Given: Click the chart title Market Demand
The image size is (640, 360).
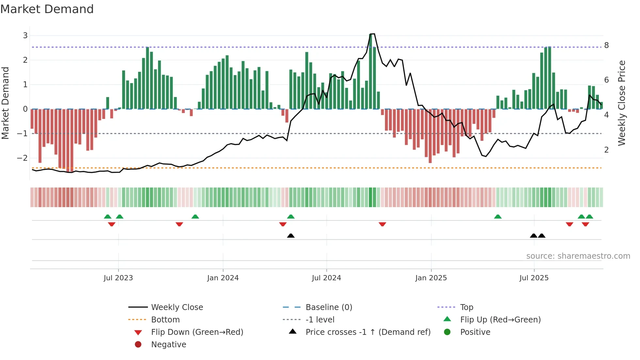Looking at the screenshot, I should point(47,9).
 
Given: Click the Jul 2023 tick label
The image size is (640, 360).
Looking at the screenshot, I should point(118,278).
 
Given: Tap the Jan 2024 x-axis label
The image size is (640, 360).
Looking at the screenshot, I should point(223,278).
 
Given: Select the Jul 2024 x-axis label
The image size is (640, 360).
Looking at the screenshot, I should point(326,278).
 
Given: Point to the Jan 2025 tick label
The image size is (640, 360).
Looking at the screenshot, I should point(431,278).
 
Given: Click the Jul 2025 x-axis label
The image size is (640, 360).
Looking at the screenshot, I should point(534,278).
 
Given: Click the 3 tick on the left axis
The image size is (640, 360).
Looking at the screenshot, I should point(25,36).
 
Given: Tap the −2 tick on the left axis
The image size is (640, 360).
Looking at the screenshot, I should point(22,158).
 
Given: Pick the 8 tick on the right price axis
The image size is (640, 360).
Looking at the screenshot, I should point(606,45).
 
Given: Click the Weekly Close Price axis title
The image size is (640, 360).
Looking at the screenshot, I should point(622,103).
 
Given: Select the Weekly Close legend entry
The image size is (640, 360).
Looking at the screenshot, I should point(177,307).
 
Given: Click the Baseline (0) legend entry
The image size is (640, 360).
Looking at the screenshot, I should point(328,307).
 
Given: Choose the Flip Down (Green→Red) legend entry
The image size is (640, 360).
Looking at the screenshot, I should point(197,332).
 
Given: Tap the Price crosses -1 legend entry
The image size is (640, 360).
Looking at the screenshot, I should point(368,332).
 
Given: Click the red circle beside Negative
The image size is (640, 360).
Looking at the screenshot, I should point(138,345).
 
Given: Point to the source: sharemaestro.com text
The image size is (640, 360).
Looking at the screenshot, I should point(578,256).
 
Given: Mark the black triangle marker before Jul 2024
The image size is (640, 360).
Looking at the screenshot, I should point(291,236).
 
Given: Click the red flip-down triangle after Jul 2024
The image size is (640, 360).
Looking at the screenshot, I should point(382,224).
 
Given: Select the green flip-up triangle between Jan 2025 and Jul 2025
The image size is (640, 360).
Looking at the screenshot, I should point(498,217).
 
